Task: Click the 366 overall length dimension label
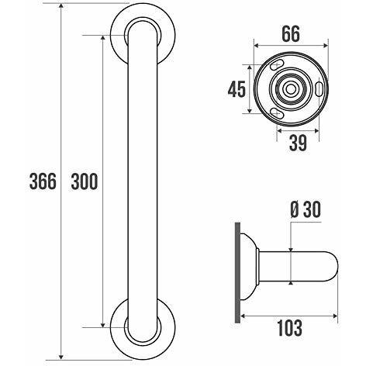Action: click(43, 181)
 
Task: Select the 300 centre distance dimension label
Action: click(85, 181)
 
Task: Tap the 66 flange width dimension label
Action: click(291, 34)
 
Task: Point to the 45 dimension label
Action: click(237, 89)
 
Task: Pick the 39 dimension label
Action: click(298, 143)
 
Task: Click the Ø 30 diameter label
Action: click(306, 209)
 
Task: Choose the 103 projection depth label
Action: click(290, 328)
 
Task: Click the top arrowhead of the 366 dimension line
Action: click(61, 6)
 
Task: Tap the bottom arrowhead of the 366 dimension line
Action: click(61, 357)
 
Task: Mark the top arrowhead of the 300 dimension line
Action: click(103, 38)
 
